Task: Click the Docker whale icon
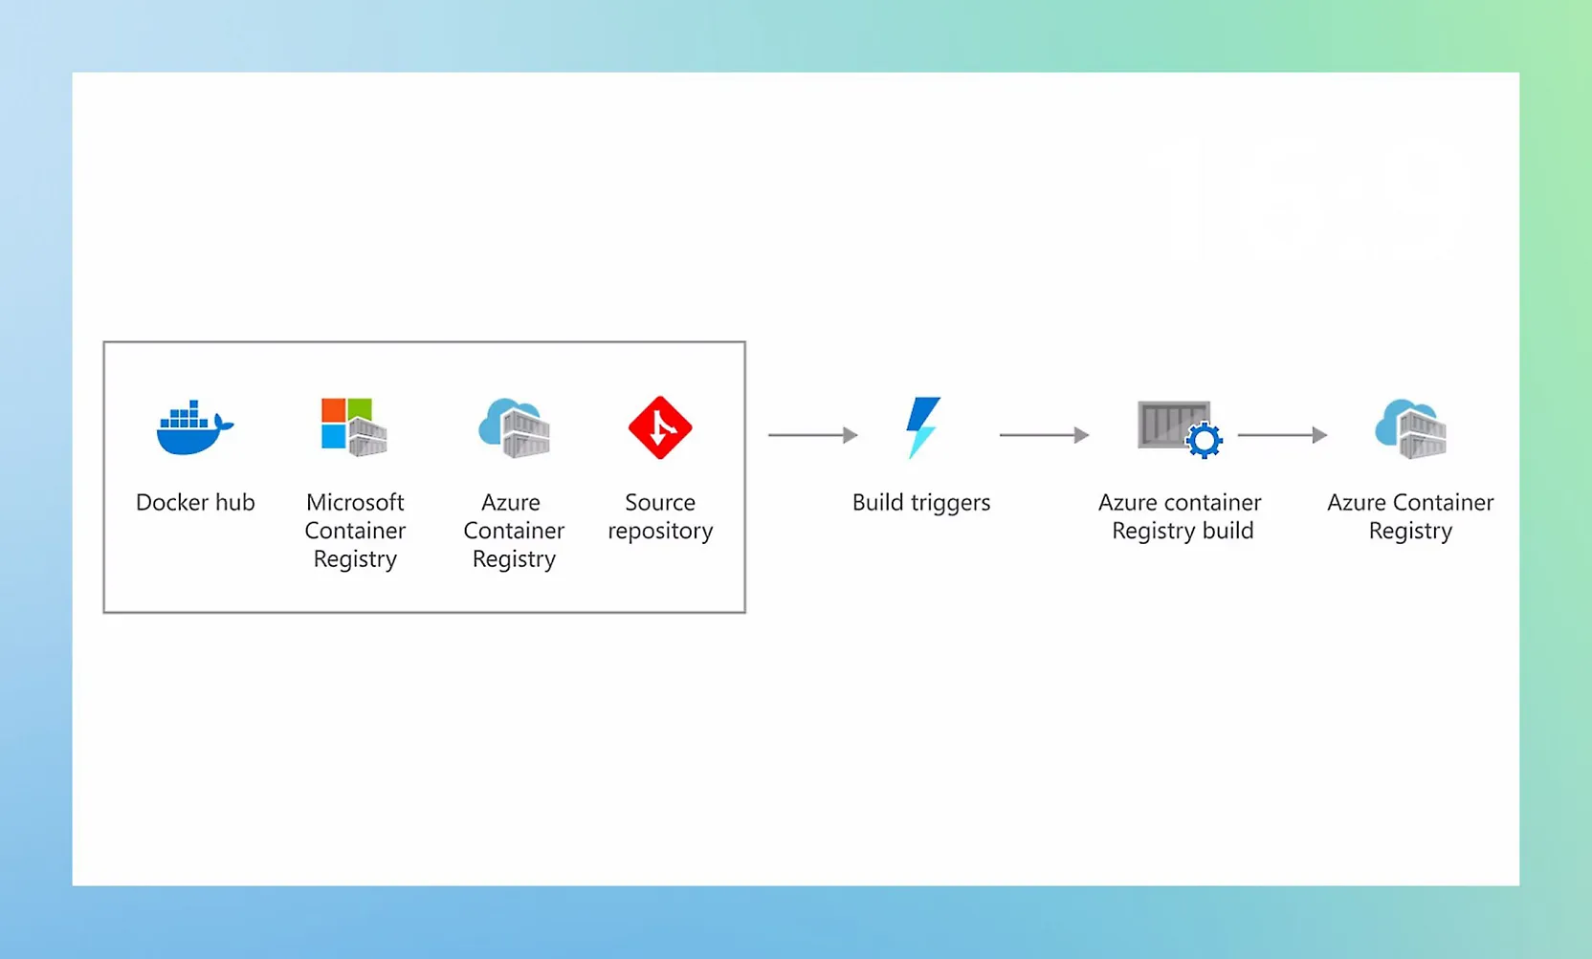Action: [x=194, y=428]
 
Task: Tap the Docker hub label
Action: [x=195, y=503]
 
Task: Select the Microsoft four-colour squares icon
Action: [x=346, y=423]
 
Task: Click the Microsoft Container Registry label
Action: [x=355, y=531]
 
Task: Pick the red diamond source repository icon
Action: [x=660, y=427]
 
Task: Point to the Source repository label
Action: [x=660, y=516]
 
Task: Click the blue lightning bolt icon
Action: [x=922, y=427]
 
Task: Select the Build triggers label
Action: [x=921, y=503]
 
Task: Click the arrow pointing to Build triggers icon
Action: [x=812, y=435]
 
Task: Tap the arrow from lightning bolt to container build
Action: [x=1044, y=435]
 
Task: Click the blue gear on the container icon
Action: [x=1204, y=440]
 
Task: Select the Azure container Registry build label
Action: [x=1181, y=516]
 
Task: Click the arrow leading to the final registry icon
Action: [x=1282, y=435]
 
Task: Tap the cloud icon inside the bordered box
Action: [x=514, y=427]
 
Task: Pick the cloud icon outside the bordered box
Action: [x=1410, y=427]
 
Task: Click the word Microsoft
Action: [x=355, y=503]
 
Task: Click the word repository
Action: [x=660, y=532]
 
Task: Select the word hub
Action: [x=235, y=503]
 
